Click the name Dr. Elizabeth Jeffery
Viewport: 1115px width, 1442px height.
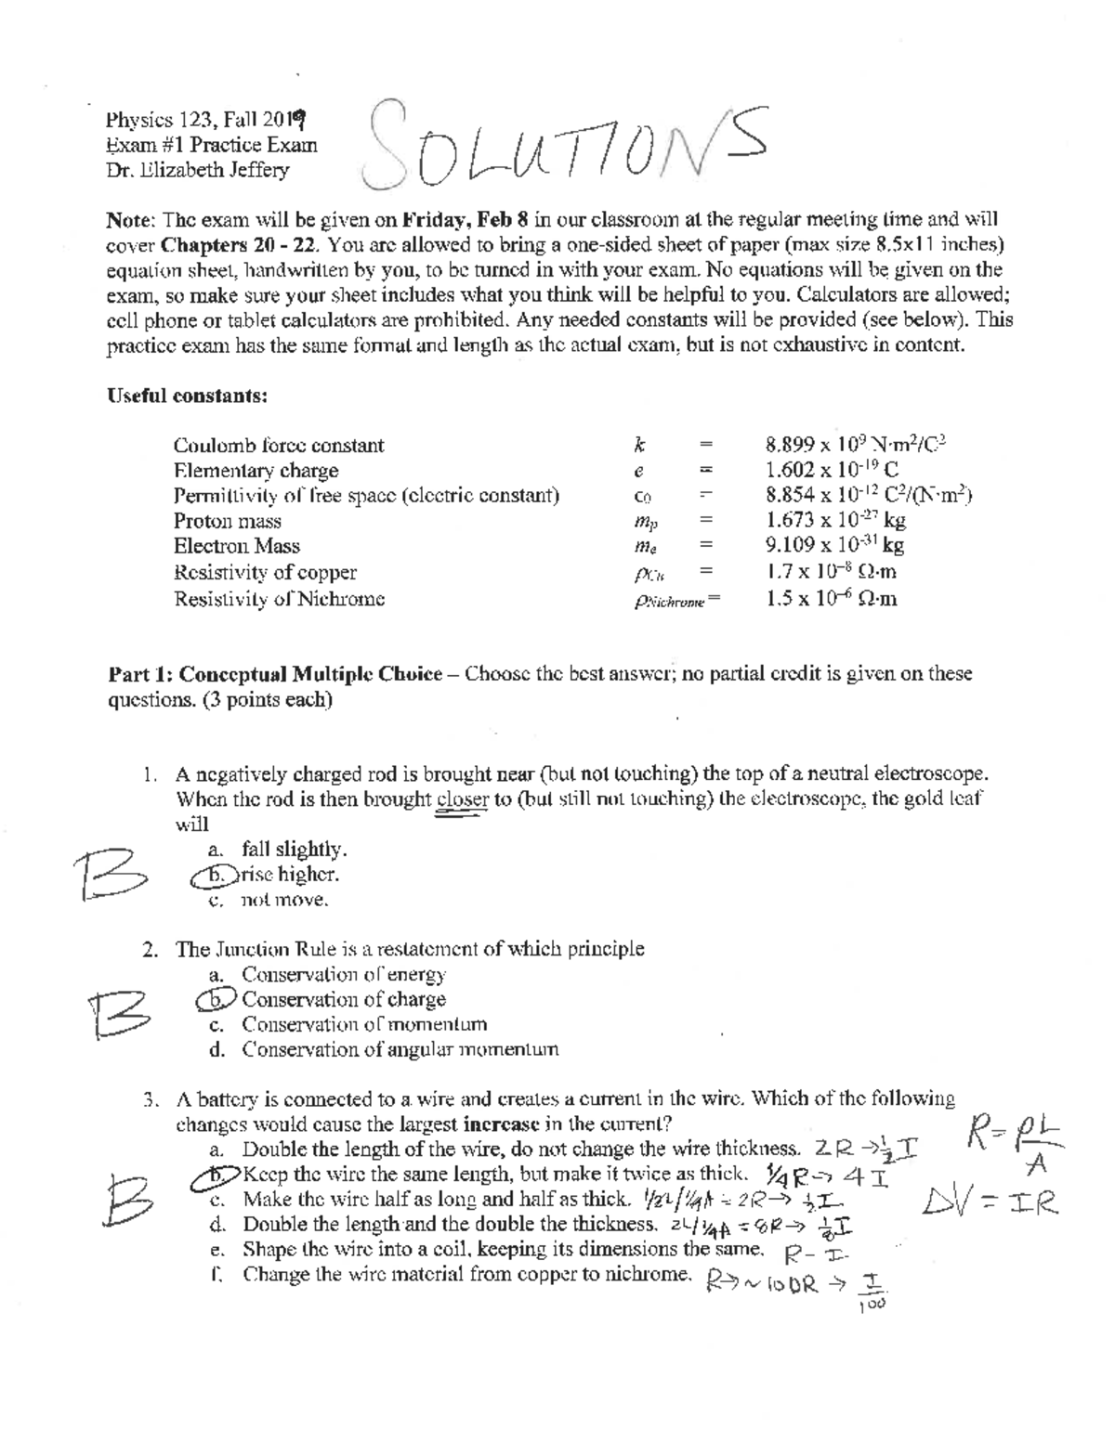(x=198, y=170)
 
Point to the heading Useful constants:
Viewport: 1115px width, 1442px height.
(x=188, y=396)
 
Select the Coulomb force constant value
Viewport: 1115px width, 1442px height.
(x=856, y=445)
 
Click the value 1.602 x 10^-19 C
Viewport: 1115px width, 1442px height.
(x=832, y=470)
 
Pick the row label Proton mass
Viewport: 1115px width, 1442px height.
(x=227, y=521)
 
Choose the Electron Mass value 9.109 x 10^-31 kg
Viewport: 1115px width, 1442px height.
(x=834, y=546)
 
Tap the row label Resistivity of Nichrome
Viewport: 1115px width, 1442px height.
(x=279, y=599)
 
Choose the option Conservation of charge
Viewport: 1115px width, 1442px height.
(x=343, y=1000)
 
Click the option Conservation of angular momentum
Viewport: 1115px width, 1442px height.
(x=400, y=1050)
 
